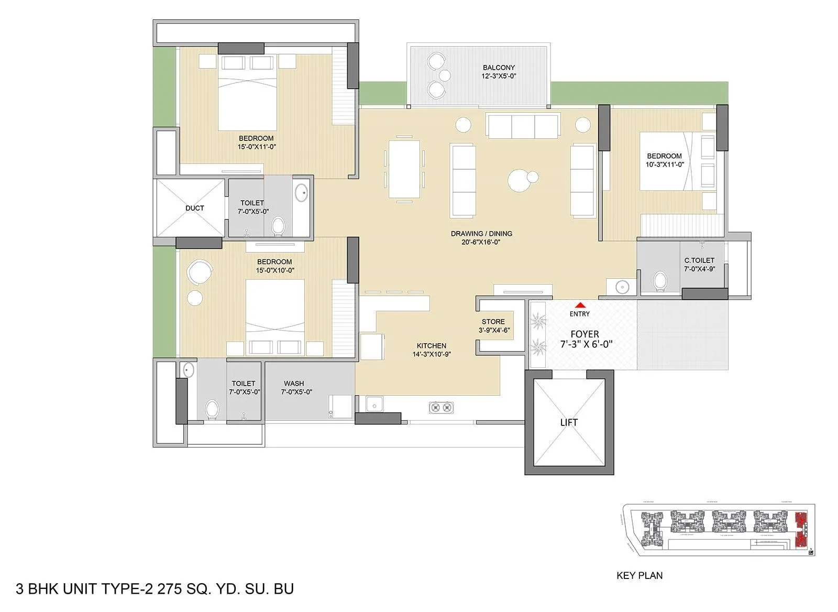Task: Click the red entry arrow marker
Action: point(580,305)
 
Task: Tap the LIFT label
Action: point(569,422)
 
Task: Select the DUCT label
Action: point(194,208)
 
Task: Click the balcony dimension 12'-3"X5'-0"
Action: point(499,76)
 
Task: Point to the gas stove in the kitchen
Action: point(441,407)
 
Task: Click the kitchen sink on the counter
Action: point(374,404)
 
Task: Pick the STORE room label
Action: point(493,322)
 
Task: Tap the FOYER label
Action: point(585,334)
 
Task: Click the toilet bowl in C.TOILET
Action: point(660,281)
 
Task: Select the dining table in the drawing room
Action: point(404,169)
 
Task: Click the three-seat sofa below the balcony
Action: point(523,126)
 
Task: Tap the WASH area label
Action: point(294,384)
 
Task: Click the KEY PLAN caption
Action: point(639,575)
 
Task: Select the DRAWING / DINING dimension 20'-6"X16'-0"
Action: point(481,242)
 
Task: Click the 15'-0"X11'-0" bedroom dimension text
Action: point(257,147)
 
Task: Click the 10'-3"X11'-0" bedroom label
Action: point(664,165)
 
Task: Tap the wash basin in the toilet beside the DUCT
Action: point(302,193)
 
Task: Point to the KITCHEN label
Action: point(432,346)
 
